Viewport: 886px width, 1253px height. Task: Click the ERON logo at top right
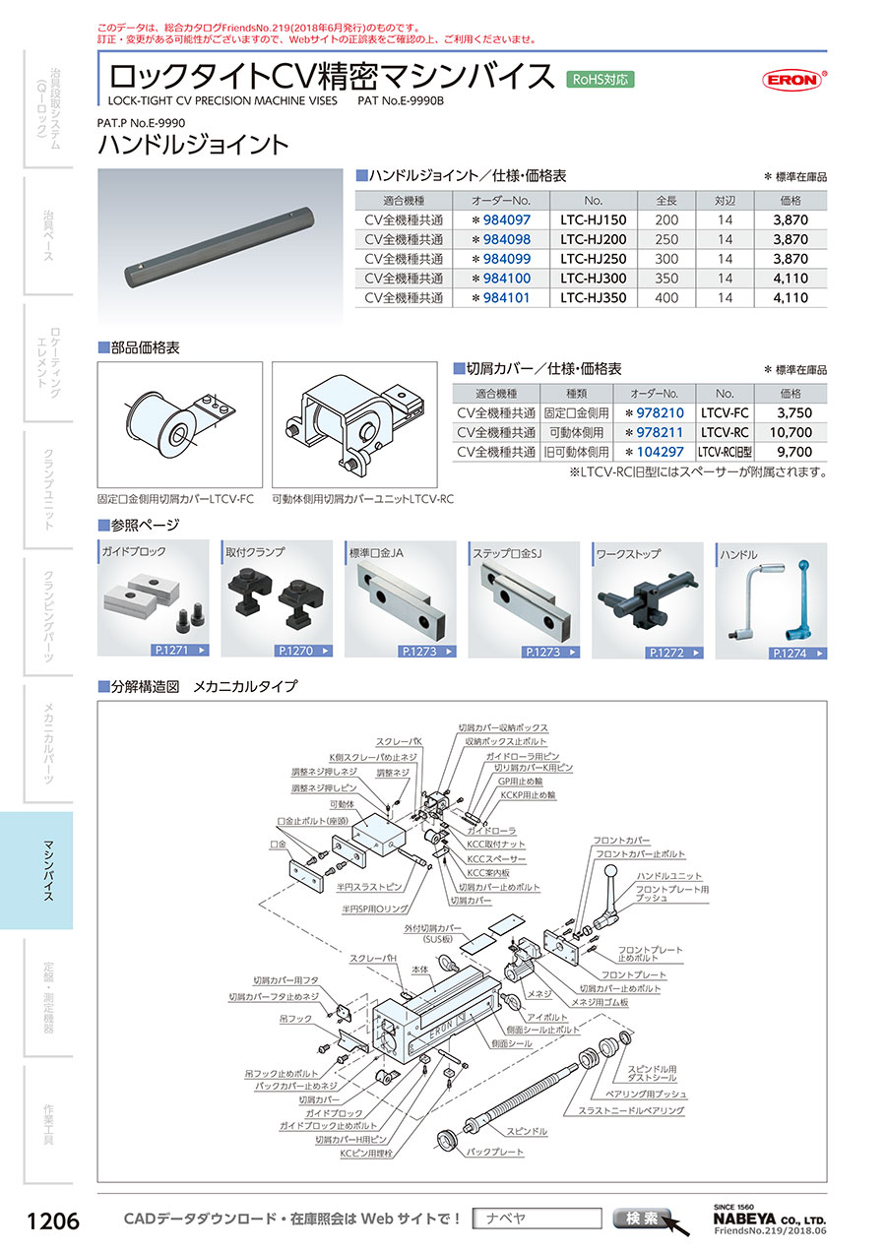pyautogui.click(x=792, y=81)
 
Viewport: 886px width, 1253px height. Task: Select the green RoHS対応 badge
pyautogui.click(x=601, y=79)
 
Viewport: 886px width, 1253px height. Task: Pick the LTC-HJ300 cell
pyautogui.click(x=593, y=279)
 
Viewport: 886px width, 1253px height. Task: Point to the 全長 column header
pyautogui.click(x=666, y=200)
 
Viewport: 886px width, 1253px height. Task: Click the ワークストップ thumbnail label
pyautogui.click(x=627, y=554)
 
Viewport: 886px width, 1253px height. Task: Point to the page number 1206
pyautogui.click(x=52, y=1222)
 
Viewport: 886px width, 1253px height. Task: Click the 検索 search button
pyautogui.click(x=641, y=1219)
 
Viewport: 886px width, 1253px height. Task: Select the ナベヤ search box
pyautogui.click(x=537, y=1219)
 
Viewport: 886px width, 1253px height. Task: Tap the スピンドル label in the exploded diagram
pyautogui.click(x=527, y=1132)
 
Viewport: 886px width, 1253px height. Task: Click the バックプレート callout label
pyautogui.click(x=495, y=1152)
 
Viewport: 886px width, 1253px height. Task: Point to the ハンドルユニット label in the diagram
pyautogui.click(x=669, y=875)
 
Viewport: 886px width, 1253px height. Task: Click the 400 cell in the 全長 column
pyautogui.click(x=666, y=298)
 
